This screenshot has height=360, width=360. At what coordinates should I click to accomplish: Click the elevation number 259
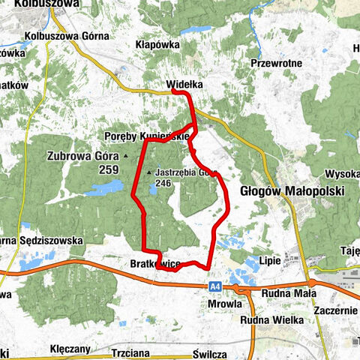point(108,170)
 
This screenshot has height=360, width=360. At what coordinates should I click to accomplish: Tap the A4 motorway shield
point(214,286)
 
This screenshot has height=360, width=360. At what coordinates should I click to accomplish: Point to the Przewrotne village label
point(277,64)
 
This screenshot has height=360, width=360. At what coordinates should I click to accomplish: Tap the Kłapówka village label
point(158,44)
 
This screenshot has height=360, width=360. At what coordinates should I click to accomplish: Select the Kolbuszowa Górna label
point(67,35)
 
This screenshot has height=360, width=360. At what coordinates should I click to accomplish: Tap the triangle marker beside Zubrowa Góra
point(126,156)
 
